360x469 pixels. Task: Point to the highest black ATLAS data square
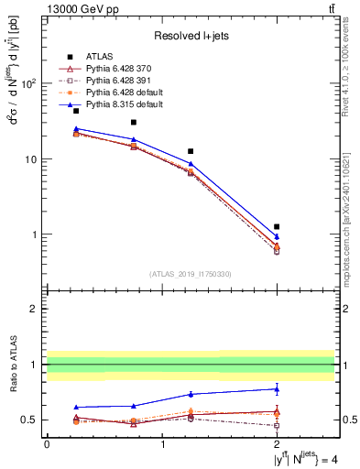(76, 111)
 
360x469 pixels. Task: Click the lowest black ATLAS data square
(277, 226)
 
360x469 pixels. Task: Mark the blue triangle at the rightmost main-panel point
(277, 237)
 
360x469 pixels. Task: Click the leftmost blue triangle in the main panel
(76, 129)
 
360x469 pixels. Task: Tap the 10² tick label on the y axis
(27, 83)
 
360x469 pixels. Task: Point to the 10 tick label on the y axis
(30, 159)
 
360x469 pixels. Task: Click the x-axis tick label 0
(47, 443)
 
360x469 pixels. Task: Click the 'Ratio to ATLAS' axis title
(12, 364)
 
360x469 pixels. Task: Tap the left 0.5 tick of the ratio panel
(30, 420)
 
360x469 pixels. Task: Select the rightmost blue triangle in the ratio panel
(277, 388)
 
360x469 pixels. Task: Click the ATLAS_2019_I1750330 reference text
(191, 274)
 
